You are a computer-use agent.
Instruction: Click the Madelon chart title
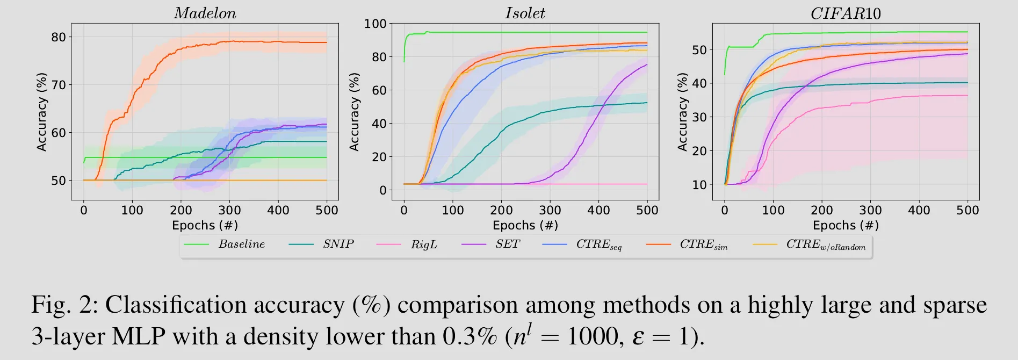click(x=205, y=13)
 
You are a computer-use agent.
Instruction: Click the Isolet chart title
click(x=525, y=13)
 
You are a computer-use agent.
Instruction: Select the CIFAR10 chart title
click(x=846, y=13)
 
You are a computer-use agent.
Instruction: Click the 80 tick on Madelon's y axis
click(x=59, y=37)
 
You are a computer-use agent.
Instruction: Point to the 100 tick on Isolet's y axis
click(x=375, y=24)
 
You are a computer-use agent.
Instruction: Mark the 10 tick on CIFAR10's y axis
click(x=699, y=185)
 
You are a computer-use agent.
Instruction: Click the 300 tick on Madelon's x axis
click(x=229, y=210)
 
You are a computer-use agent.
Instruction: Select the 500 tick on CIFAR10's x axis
click(x=968, y=210)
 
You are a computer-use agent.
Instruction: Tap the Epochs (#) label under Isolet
click(x=525, y=225)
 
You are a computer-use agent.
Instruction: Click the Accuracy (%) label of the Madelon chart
click(x=41, y=112)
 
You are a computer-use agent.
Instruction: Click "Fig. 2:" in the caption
click(x=64, y=305)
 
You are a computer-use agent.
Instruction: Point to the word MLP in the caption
click(x=138, y=337)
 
